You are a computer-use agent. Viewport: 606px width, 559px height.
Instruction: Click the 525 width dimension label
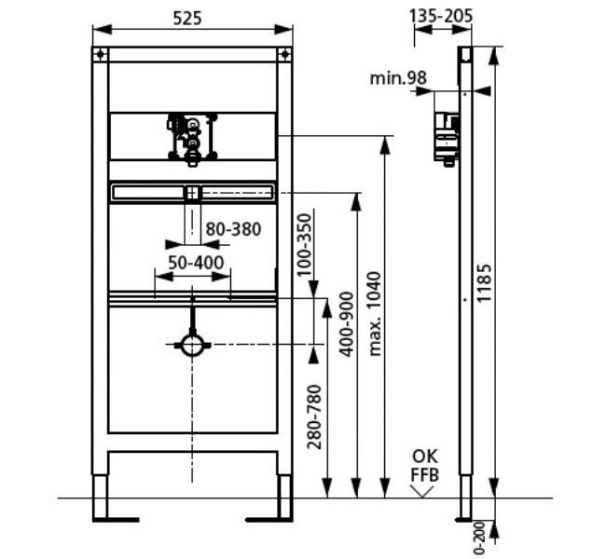point(187,18)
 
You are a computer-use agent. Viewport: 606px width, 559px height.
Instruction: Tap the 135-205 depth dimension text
point(441,16)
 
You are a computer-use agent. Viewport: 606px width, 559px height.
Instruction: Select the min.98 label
point(398,78)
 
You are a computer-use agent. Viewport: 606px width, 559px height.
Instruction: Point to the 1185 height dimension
point(484,283)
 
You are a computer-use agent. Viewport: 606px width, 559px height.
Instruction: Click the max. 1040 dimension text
point(375,314)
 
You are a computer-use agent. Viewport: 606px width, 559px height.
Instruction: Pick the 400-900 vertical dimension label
point(346,324)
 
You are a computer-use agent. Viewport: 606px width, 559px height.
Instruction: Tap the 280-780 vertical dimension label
point(314,416)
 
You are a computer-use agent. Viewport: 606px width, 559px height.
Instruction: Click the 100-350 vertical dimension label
point(304,245)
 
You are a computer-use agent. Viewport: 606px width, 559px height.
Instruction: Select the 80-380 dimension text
point(233,229)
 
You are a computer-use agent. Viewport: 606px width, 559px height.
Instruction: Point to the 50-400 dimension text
point(196,263)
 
